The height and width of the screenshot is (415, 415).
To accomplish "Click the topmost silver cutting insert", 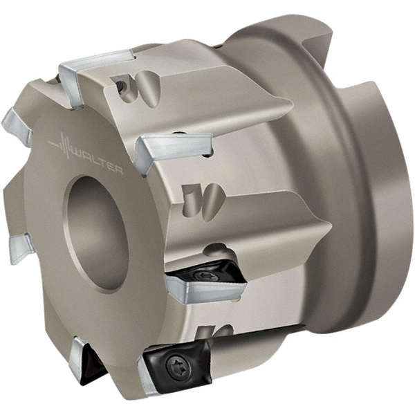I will coord(93,65).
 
